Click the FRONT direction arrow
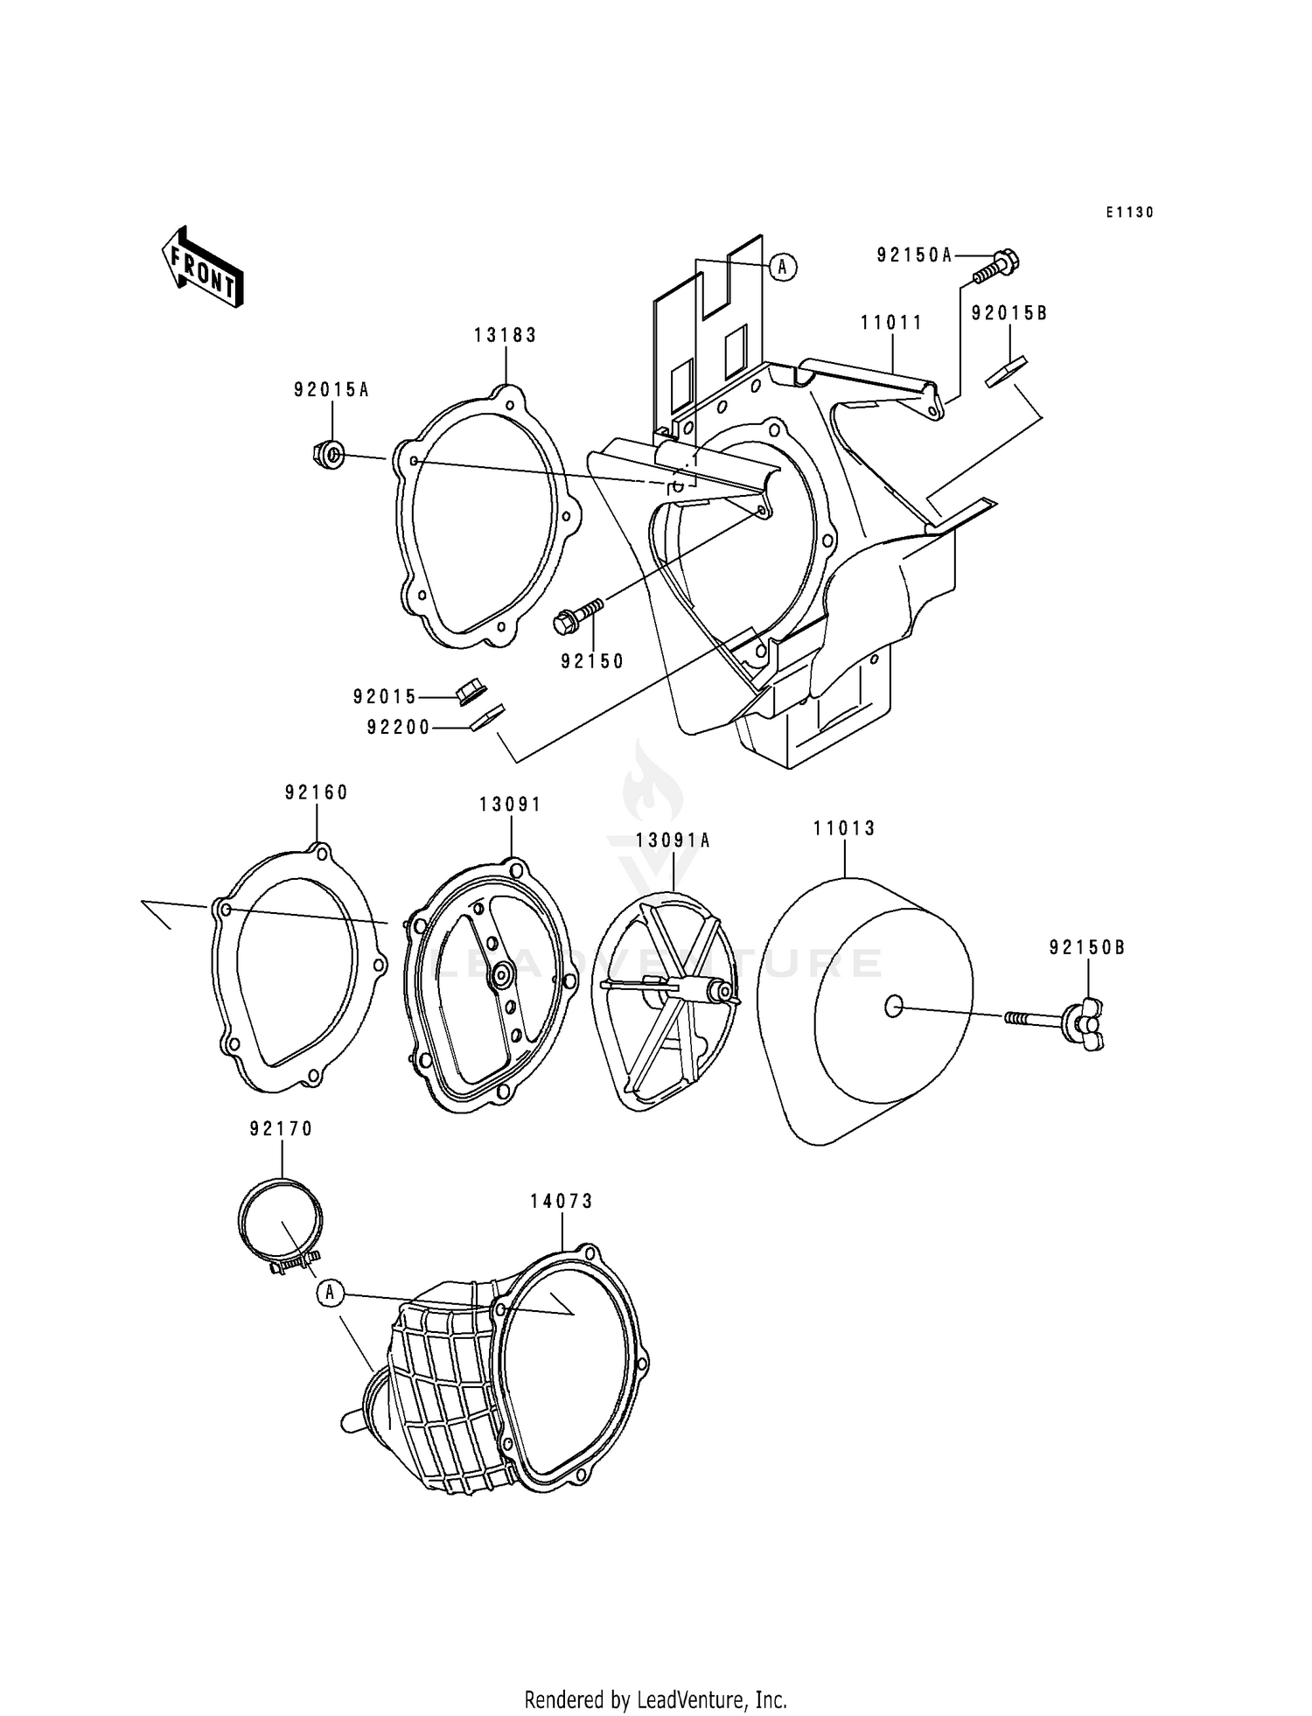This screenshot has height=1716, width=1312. click(x=202, y=267)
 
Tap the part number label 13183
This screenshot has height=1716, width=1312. click(x=506, y=335)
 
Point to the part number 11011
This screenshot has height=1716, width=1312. click(x=891, y=323)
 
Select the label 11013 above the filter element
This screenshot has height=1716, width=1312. click(x=844, y=827)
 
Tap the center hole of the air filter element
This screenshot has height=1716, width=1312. click(x=893, y=1008)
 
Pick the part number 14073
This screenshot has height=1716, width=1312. click(x=562, y=1202)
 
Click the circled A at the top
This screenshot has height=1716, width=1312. click(x=784, y=267)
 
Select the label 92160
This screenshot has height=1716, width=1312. click(x=316, y=792)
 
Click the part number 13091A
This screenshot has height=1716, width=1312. click(x=673, y=841)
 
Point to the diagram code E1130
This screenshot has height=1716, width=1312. click(x=1129, y=213)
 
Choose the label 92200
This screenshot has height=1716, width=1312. click(x=399, y=727)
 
